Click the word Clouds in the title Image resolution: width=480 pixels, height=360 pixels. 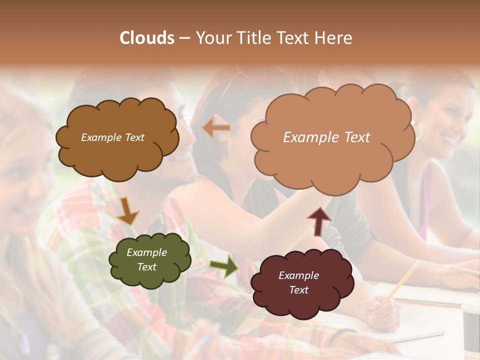(147, 38)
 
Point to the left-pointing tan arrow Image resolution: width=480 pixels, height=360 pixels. (216, 127)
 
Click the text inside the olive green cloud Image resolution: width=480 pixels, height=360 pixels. (147, 260)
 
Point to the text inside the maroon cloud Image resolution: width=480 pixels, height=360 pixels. (299, 282)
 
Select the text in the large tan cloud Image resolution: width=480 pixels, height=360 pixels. (326, 137)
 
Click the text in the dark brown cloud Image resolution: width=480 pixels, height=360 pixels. (112, 137)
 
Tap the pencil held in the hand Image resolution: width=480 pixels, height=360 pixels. (403, 280)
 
